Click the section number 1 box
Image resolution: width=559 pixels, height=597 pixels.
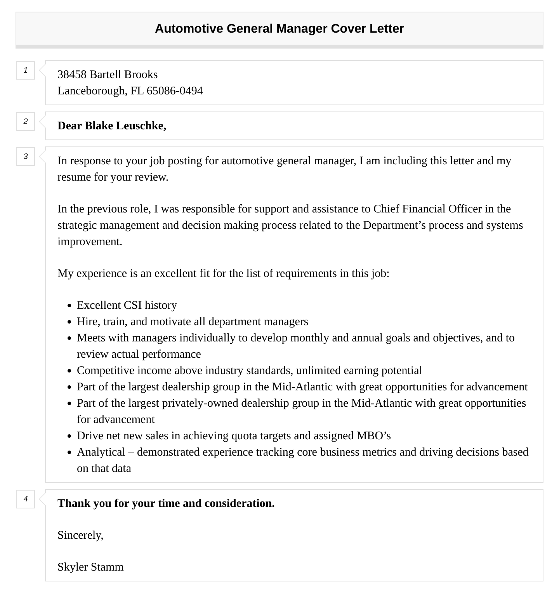26,70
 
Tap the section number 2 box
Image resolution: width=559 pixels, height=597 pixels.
26,122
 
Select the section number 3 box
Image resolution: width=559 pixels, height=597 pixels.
26,157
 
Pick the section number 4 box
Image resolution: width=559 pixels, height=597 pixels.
26,499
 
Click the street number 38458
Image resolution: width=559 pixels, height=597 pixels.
72,75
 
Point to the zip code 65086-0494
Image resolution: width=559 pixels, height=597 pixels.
175,91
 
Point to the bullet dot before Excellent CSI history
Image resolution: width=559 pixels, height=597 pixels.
69,306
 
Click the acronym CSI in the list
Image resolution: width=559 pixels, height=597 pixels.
133,305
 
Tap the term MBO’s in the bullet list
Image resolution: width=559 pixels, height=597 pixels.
373,436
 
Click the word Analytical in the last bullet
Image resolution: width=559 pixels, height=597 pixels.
101,452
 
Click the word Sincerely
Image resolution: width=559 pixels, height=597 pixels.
80,535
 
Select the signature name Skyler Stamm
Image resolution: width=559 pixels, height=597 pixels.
90,567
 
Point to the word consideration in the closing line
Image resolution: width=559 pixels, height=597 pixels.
239,503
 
